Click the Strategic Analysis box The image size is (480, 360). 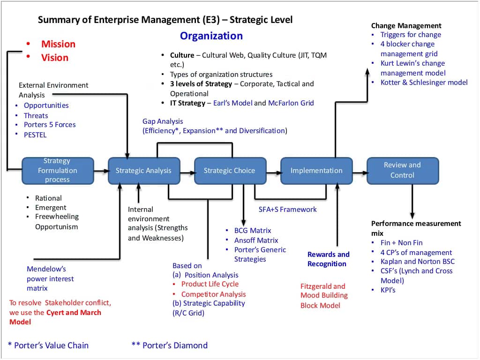[143, 171]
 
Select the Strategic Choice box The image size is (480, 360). [230, 171]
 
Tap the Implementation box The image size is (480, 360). [316, 171]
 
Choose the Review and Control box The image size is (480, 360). [402, 170]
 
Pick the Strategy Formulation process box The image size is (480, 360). [58, 170]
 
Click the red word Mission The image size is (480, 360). [58, 44]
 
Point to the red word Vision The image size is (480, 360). [55, 58]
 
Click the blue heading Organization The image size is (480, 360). [211, 36]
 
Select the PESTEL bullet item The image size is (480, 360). [35, 135]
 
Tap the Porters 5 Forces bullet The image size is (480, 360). [50, 125]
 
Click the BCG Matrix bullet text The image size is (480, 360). [253, 231]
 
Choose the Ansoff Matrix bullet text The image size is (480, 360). [256, 240]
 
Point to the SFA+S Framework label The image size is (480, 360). [288, 210]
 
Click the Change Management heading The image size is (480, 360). [406, 26]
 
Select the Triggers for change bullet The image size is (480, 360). [411, 35]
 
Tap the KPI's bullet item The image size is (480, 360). [388, 290]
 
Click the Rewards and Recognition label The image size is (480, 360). [328, 259]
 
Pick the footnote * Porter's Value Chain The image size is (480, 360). [48, 345]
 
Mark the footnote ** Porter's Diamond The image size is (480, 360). [170, 345]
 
